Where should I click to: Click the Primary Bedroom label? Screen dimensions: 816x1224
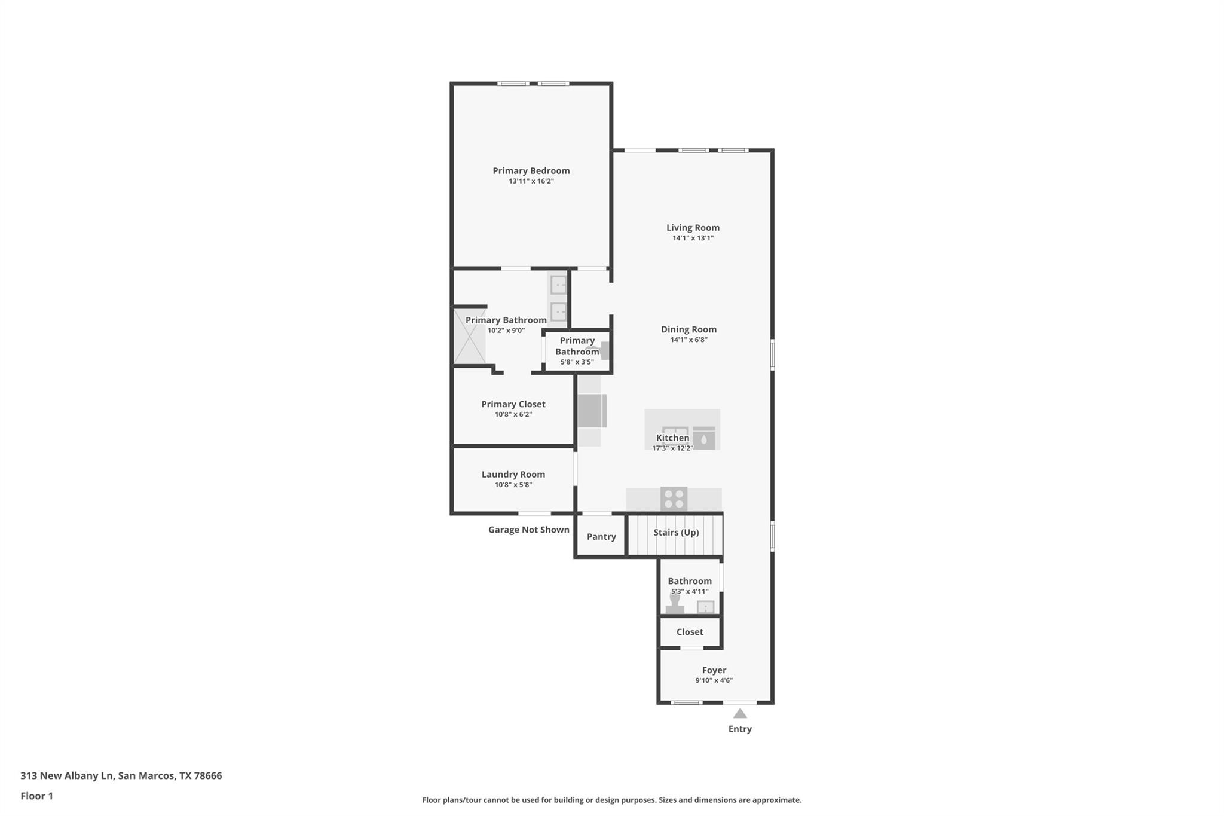point(531,171)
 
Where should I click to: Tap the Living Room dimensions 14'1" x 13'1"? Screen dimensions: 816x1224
point(693,238)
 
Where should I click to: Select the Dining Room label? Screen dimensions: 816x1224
point(688,329)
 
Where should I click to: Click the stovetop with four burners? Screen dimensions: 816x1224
point(674,499)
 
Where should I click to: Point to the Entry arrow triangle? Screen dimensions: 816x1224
point(740,713)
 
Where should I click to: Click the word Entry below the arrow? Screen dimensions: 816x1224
point(740,729)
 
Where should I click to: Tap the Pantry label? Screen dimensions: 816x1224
point(601,537)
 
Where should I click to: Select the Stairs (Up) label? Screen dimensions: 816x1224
point(676,533)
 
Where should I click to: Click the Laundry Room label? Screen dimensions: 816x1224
point(513,475)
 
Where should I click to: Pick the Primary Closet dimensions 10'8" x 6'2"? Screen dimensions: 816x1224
point(513,415)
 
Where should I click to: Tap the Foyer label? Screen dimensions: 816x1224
point(714,671)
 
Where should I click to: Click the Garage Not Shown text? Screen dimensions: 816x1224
point(528,530)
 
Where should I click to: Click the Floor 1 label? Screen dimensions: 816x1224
point(36,796)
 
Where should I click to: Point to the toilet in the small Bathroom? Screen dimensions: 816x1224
point(675,604)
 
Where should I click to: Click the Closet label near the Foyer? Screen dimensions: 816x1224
point(690,632)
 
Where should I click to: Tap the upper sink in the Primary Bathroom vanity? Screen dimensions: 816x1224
point(558,285)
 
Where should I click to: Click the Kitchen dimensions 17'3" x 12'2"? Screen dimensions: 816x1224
point(672,448)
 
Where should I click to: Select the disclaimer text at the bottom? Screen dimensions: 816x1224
point(611,800)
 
